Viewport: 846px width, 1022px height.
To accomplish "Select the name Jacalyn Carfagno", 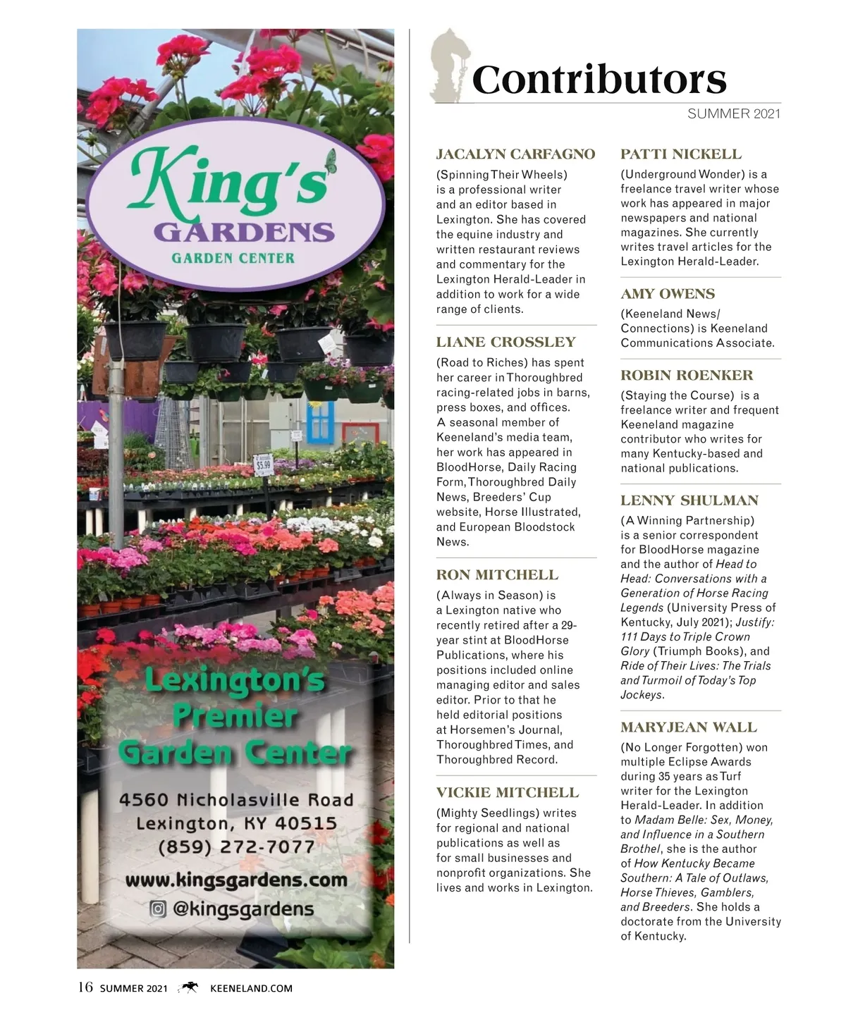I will pyautogui.click(x=515, y=154).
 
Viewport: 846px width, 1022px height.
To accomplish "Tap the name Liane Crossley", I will pyautogui.click(x=505, y=343).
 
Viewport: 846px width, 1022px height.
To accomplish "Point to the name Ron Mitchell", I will pyautogui.click(x=497, y=575).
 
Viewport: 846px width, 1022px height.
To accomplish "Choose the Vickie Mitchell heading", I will pyautogui.click(x=507, y=793).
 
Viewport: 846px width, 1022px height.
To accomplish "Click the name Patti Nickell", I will pyautogui.click(x=680, y=154).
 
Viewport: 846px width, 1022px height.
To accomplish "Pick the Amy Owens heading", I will pyautogui.click(x=667, y=294).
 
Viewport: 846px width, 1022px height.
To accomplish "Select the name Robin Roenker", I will pyautogui.click(x=686, y=376).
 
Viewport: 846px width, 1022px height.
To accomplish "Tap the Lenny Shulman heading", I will pyautogui.click(x=689, y=501).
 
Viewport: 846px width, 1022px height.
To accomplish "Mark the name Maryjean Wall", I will pyautogui.click(x=688, y=727).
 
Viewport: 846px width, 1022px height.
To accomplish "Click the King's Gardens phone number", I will pyautogui.click(x=236, y=846).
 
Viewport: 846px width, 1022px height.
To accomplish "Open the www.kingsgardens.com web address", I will pyautogui.click(x=236, y=880).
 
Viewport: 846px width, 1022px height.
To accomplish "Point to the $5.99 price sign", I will pyautogui.click(x=264, y=464).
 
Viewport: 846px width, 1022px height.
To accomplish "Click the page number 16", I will pyautogui.click(x=85, y=987).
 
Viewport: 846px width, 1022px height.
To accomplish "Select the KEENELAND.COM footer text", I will pyautogui.click(x=251, y=988).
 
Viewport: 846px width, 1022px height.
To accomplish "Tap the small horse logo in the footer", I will pyautogui.click(x=189, y=988).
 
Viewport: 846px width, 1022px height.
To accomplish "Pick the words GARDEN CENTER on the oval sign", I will pyautogui.click(x=233, y=258).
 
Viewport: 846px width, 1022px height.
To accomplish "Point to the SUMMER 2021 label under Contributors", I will pyautogui.click(x=733, y=113).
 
